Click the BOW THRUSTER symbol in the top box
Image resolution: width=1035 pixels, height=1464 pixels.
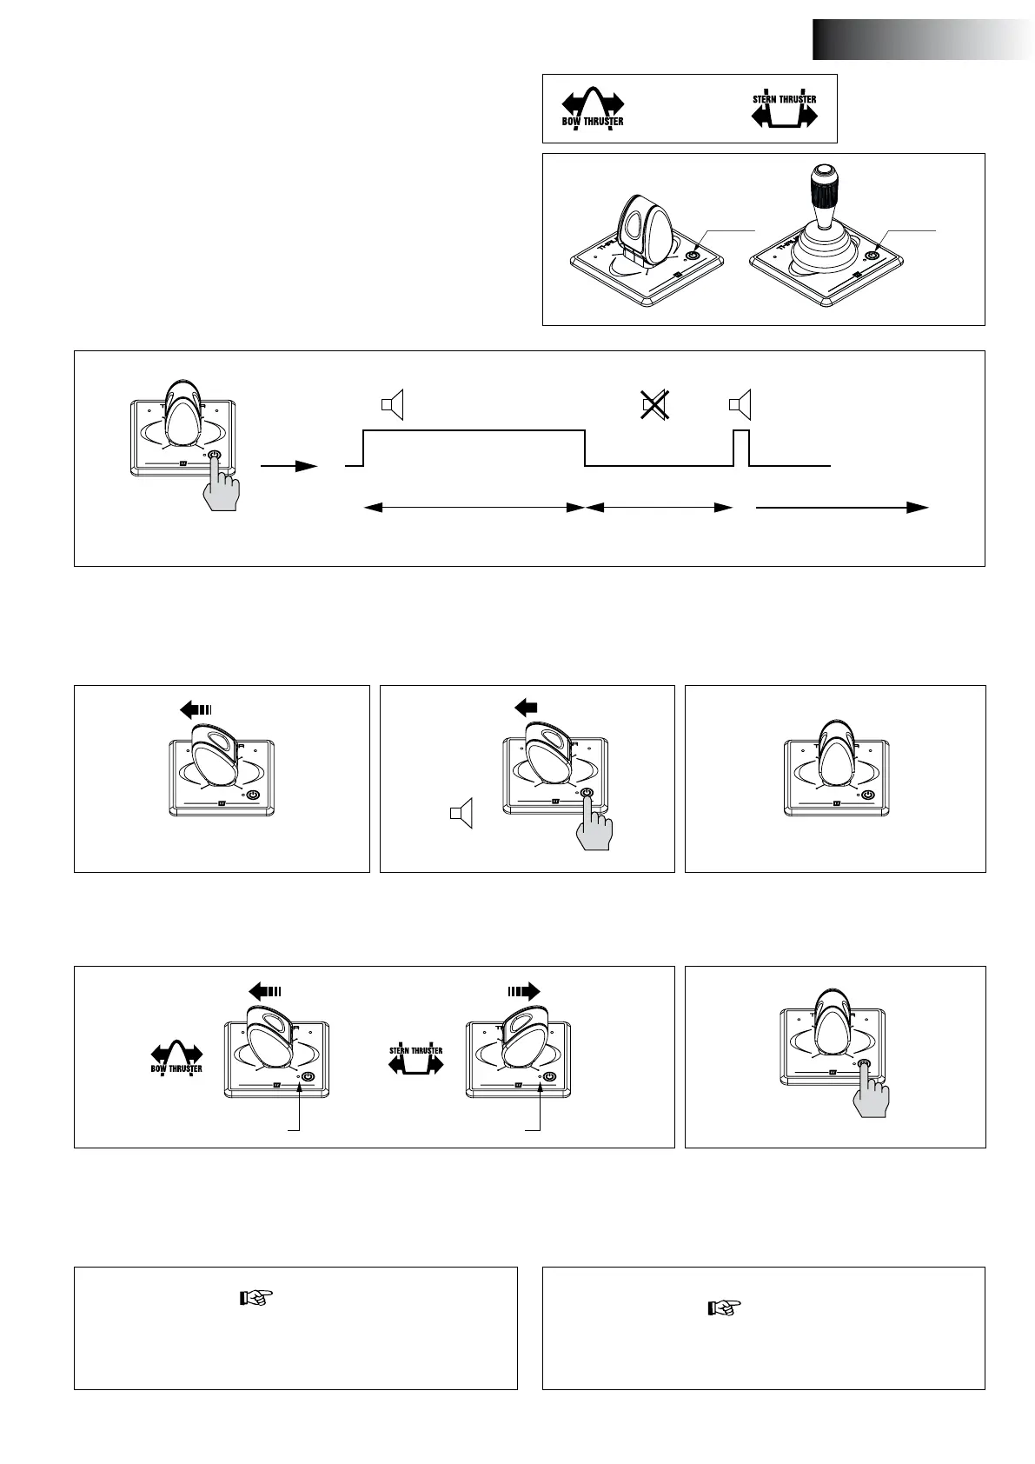pyautogui.click(x=593, y=108)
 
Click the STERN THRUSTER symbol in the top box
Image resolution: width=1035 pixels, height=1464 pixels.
pyautogui.click(x=784, y=110)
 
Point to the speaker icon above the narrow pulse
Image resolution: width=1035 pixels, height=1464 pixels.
pyautogui.click(x=740, y=404)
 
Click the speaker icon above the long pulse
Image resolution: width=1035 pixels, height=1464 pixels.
pyautogui.click(x=393, y=404)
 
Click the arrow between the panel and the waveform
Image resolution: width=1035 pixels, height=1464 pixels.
pyautogui.click(x=289, y=466)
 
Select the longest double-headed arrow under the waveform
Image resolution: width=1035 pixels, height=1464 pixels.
pyautogui.click(x=474, y=508)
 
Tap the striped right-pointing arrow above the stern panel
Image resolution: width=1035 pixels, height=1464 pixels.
pyautogui.click(x=524, y=990)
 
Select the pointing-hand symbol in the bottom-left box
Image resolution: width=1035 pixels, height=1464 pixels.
pyautogui.click(x=255, y=1299)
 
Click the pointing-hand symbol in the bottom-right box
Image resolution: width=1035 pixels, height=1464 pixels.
pyautogui.click(x=721, y=1308)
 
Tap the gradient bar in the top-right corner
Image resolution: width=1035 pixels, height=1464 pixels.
pyautogui.click(x=923, y=40)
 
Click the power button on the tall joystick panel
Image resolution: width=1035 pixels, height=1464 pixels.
pyautogui.click(x=871, y=256)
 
